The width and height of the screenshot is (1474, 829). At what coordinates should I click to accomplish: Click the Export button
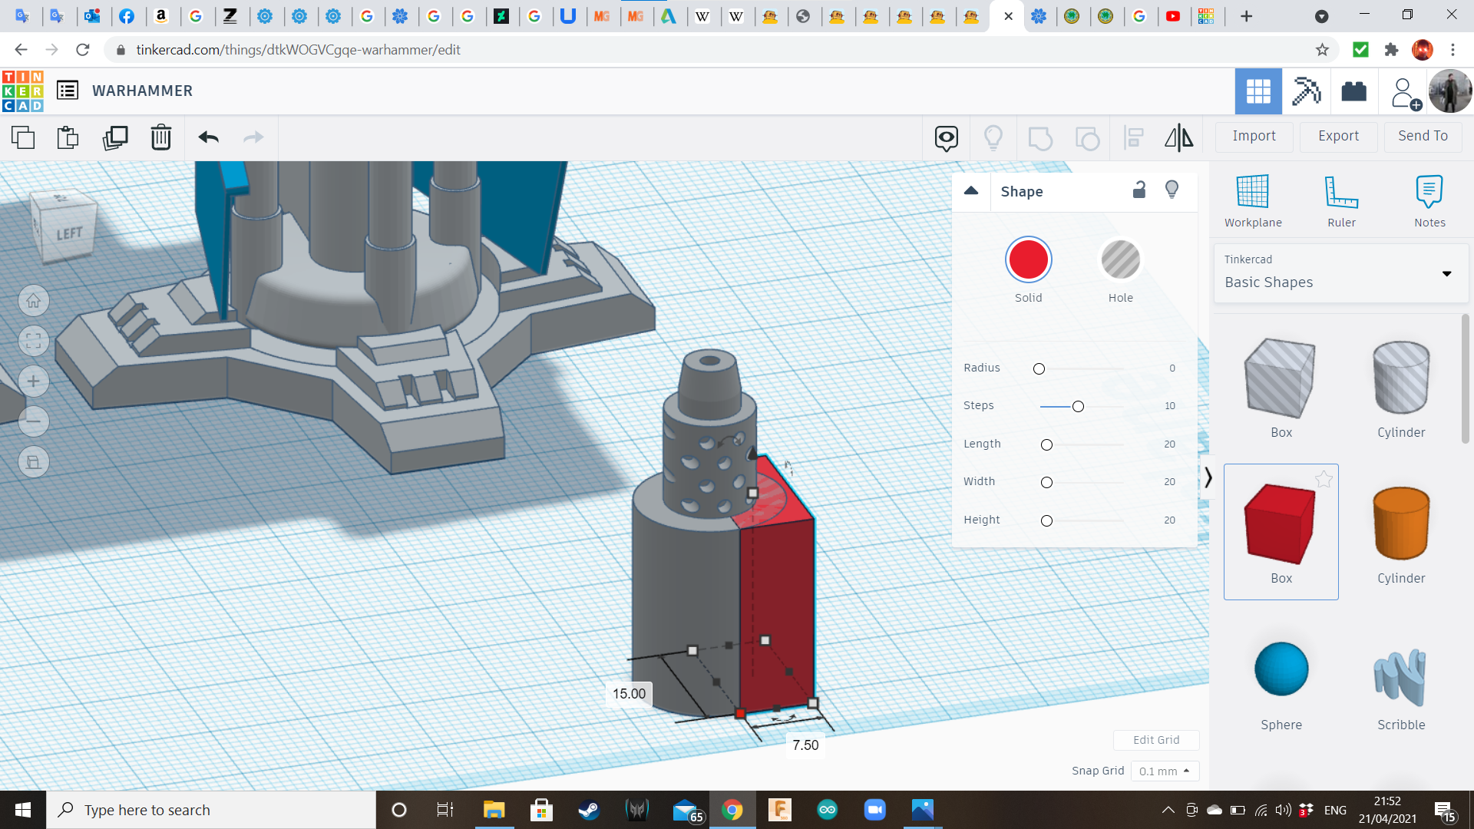pyautogui.click(x=1338, y=136)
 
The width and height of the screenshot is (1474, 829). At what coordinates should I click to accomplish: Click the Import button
pyautogui.click(x=1254, y=136)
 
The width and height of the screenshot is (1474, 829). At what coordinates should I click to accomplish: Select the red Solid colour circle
pyautogui.click(x=1028, y=259)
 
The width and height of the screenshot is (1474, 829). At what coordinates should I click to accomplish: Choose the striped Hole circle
pyautogui.click(x=1120, y=259)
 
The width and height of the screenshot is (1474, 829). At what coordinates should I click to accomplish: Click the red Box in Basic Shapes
pyautogui.click(x=1280, y=524)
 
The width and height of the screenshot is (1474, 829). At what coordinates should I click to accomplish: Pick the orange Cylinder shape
pyautogui.click(x=1401, y=523)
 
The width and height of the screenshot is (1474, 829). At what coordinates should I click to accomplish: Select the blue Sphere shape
pyautogui.click(x=1281, y=669)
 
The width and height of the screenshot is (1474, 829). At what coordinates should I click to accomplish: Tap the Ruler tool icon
pyautogui.click(x=1341, y=192)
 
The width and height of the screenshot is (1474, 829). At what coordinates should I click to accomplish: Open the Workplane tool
pyautogui.click(x=1252, y=191)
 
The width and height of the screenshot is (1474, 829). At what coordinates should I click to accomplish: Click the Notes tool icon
pyautogui.click(x=1429, y=191)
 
